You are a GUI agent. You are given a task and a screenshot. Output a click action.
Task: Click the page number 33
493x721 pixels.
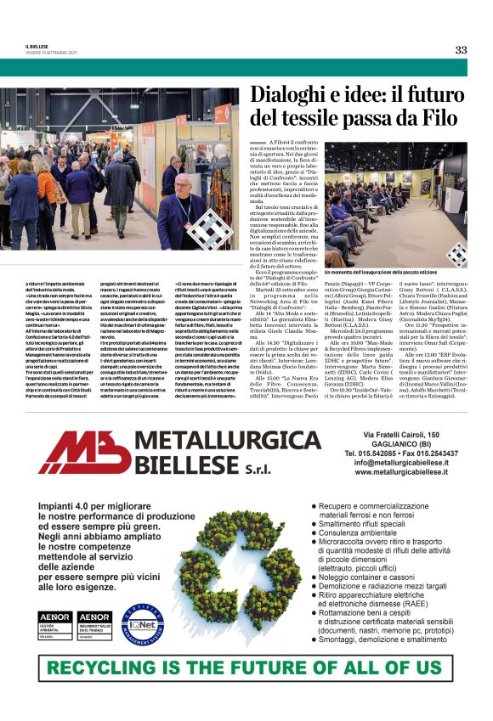461,49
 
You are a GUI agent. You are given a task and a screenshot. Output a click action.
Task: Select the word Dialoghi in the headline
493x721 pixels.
289,95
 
